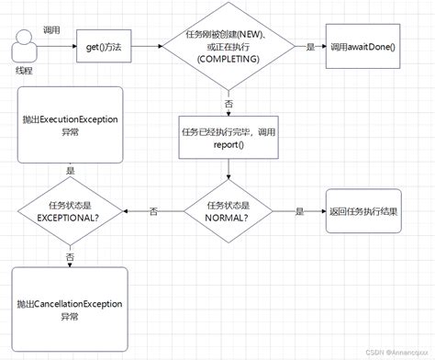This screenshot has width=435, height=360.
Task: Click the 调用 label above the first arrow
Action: (52, 29)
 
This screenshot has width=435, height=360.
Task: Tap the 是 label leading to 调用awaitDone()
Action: (309, 46)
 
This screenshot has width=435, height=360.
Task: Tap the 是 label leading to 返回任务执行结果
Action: (298, 211)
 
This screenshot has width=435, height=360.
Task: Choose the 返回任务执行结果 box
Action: (365, 211)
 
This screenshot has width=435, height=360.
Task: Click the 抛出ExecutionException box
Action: (71, 124)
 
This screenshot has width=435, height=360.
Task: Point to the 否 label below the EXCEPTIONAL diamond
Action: (71, 256)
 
